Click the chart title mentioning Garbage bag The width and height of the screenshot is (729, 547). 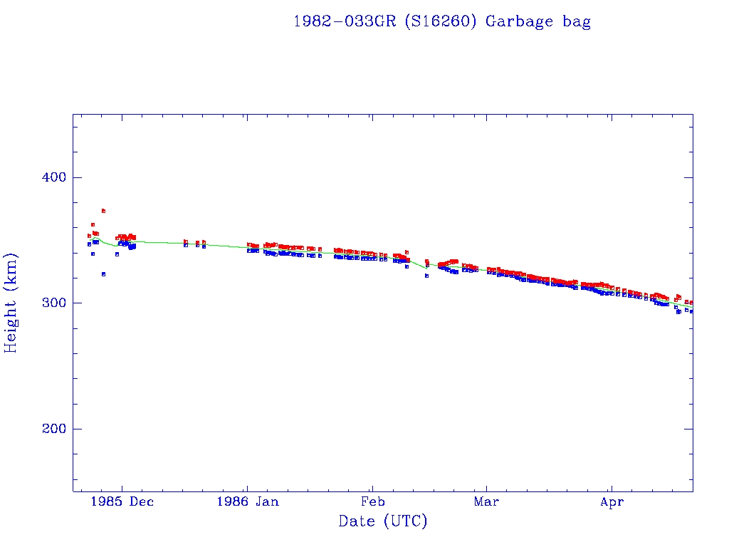[x=442, y=21]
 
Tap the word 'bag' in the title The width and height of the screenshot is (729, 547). [x=577, y=22]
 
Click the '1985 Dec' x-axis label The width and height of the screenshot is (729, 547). [x=120, y=501]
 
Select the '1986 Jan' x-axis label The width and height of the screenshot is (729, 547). [x=248, y=501]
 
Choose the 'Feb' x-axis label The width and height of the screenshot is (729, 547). [x=372, y=501]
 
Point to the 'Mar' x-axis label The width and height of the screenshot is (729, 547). [x=486, y=501]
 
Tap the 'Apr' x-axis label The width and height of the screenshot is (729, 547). [x=612, y=501]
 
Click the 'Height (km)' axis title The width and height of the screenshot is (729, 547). [x=11, y=303]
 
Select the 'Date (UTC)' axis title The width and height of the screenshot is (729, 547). [x=383, y=521]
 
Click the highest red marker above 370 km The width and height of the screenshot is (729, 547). [x=103, y=211]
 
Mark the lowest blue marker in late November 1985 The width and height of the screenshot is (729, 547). [x=103, y=273]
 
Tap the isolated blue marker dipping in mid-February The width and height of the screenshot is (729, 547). [x=426, y=276]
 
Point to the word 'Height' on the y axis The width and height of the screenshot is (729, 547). [x=11, y=324]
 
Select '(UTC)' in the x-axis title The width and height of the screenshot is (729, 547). [x=405, y=521]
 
